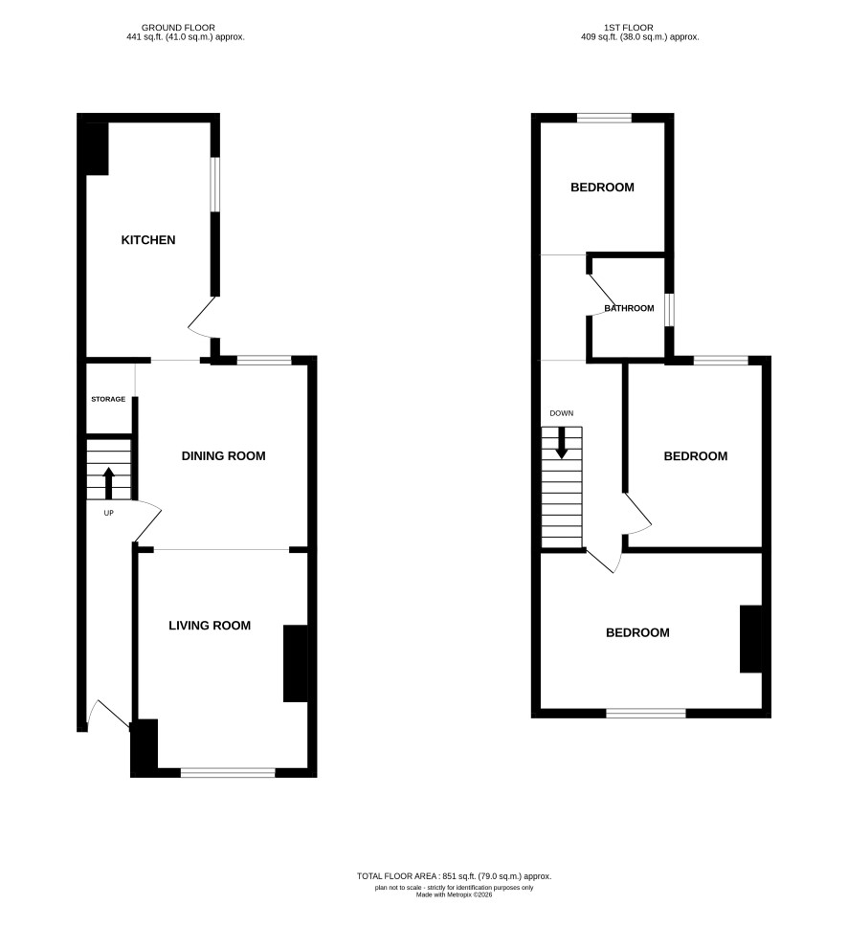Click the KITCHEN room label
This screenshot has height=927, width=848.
pos(147,240)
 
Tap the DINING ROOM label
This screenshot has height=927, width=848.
pos(223,455)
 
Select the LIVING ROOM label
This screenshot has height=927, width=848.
pos(210,626)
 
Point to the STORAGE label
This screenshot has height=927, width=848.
pos(108,399)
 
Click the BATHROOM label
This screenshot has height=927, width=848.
pos(629,308)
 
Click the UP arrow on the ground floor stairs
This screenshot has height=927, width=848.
pos(108,484)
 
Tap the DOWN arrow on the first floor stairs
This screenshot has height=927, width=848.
pos(561,443)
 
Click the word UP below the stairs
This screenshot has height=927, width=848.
pos(109,513)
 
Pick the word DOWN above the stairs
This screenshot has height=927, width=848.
pos(561,413)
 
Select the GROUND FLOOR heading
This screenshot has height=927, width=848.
pos(178,27)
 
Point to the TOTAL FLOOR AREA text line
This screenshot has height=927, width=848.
pos(454,876)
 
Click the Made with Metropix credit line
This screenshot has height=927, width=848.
pos(455,894)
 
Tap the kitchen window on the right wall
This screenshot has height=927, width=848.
pos(215,185)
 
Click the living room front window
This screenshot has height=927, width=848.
pos(228,772)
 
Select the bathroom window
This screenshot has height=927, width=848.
pos(669,310)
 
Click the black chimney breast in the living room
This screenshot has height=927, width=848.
pos(296,664)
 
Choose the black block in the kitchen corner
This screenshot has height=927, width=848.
pos(97,148)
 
